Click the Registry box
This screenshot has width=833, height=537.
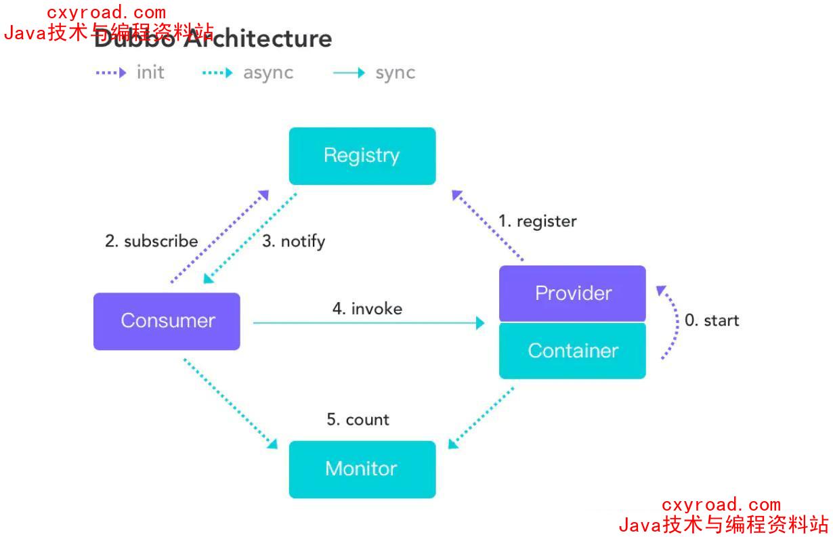pyautogui.click(x=362, y=156)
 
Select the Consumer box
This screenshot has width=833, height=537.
pyautogui.click(x=167, y=321)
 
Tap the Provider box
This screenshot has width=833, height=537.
pyautogui.click(x=572, y=293)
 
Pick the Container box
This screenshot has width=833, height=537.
pyautogui.click(x=572, y=351)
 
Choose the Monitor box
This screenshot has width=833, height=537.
pyautogui.click(x=362, y=469)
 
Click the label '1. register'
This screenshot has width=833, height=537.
pyautogui.click(x=538, y=221)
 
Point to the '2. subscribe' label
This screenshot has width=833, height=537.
pyautogui.click(x=151, y=241)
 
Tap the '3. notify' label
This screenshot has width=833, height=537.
pyautogui.click(x=293, y=242)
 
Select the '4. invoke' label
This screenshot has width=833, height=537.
pyautogui.click(x=367, y=309)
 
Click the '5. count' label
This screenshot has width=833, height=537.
pyautogui.click(x=358, y=420)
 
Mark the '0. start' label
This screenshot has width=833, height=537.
pyautogui.click(x=712, y=320)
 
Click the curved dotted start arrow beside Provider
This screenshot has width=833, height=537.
pyautogui.click(x=672, y=322)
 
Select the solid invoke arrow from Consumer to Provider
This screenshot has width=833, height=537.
pyautogui.click(x=368, y=323)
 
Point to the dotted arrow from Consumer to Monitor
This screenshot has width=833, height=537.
pyautogui.click(x=230, y=404)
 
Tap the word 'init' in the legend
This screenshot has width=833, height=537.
pyautogui.click(x=150, y=72)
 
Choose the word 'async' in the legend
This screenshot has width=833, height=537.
pyautogui.click(x=268, y=73)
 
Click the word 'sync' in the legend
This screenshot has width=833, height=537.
pyautogui.click(x=396, y=73)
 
